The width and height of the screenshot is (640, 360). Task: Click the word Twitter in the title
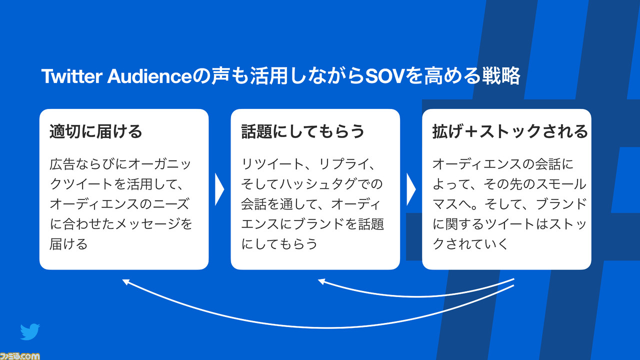[x=72, y=76]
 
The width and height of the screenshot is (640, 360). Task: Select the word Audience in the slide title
[x=149, y=76]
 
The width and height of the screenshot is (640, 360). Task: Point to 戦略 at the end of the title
[x=501, y=76]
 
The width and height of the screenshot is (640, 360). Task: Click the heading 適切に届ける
[x=95, y=131]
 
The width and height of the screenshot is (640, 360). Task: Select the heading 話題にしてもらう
[x=302, y=131]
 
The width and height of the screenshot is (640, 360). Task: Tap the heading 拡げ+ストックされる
[x=510, y=131]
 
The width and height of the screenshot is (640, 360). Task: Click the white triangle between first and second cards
[x=219, y=189]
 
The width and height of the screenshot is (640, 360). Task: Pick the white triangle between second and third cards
[x=411, y=189]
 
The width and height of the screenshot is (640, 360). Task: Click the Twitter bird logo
[x=30, y=331]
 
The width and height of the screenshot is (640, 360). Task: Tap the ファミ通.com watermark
[x=19, y=356]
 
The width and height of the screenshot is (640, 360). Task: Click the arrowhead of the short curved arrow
[x=321, y=281]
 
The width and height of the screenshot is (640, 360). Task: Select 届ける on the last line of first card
[x=68, y=243]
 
